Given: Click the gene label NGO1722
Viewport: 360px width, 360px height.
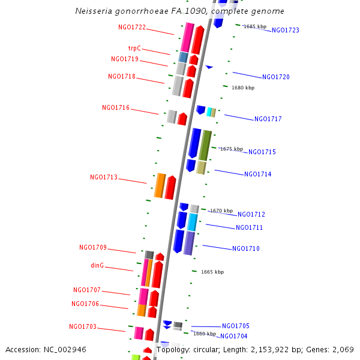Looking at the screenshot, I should coord(132,28).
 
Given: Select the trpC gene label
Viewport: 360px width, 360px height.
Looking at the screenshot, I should coord(134,48).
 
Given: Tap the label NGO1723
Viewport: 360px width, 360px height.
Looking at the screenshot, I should coord(286,30).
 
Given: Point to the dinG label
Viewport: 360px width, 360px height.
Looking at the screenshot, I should coord(97,265).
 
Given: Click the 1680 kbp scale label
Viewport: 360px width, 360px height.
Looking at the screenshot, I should coord(243,88).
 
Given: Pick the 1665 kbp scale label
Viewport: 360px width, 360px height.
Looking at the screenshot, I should coord(212,272).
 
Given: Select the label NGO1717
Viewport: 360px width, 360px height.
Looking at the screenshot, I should coord(268,119).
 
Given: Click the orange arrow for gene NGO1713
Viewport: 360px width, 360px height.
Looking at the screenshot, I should coord(160,185).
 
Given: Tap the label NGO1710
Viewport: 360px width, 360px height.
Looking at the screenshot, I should coord(246,248).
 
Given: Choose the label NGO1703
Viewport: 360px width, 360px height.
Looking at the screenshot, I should coord(83,326).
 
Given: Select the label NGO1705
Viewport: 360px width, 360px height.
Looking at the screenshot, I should coord(236,326).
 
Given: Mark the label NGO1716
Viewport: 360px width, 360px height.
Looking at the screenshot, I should coord(116,107).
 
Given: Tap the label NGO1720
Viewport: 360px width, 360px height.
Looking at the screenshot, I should coord(276,77).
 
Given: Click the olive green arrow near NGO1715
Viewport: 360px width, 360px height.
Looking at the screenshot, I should coord(205,145).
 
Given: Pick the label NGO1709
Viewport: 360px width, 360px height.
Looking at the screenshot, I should coord(93,247).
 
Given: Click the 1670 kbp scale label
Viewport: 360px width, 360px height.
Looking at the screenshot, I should coord(221,211).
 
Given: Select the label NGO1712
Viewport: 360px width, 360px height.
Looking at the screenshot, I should coord(251,214).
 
